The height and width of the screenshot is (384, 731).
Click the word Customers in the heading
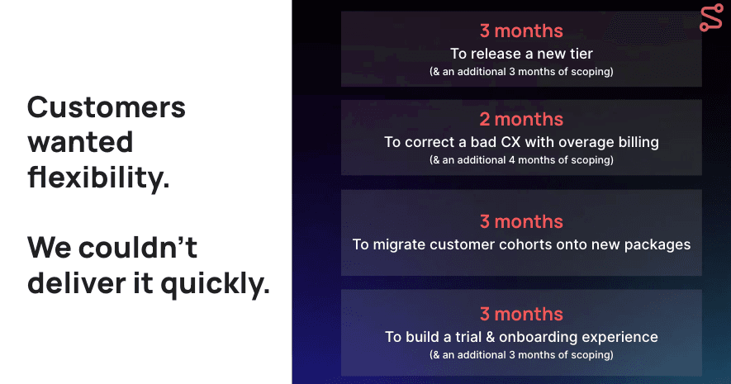tap(107, 107)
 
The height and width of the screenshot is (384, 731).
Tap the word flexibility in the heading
tap(98, 178)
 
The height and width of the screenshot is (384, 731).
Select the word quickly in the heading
tap(215, 284)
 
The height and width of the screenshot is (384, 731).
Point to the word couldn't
tap(138, 247)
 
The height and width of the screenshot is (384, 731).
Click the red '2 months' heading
tap(521, 119)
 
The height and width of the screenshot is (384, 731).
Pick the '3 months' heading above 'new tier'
tap(521, 31)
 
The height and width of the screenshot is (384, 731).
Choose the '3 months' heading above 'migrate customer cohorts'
tap(521, 221)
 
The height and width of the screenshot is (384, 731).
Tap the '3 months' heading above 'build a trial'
tap(521, 314)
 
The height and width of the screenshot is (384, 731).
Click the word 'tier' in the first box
tap(581, 54)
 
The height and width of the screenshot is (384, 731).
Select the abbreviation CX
tap(510, 142)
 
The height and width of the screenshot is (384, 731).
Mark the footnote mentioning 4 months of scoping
tap(521, 160)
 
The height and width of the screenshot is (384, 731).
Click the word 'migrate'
tap(399, 245)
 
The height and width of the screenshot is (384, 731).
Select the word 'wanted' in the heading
tap(80, 142)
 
